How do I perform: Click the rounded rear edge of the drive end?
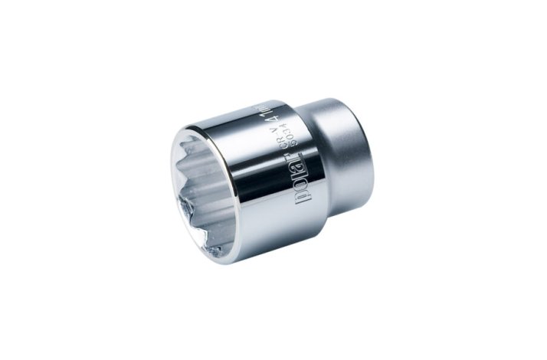(x=372, y=146)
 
